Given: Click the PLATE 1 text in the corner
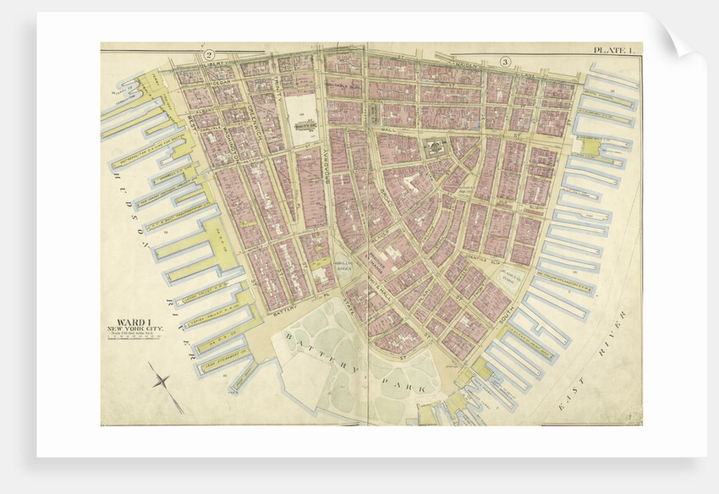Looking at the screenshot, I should [614, 52].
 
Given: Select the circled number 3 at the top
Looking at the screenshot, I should [505, 61].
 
